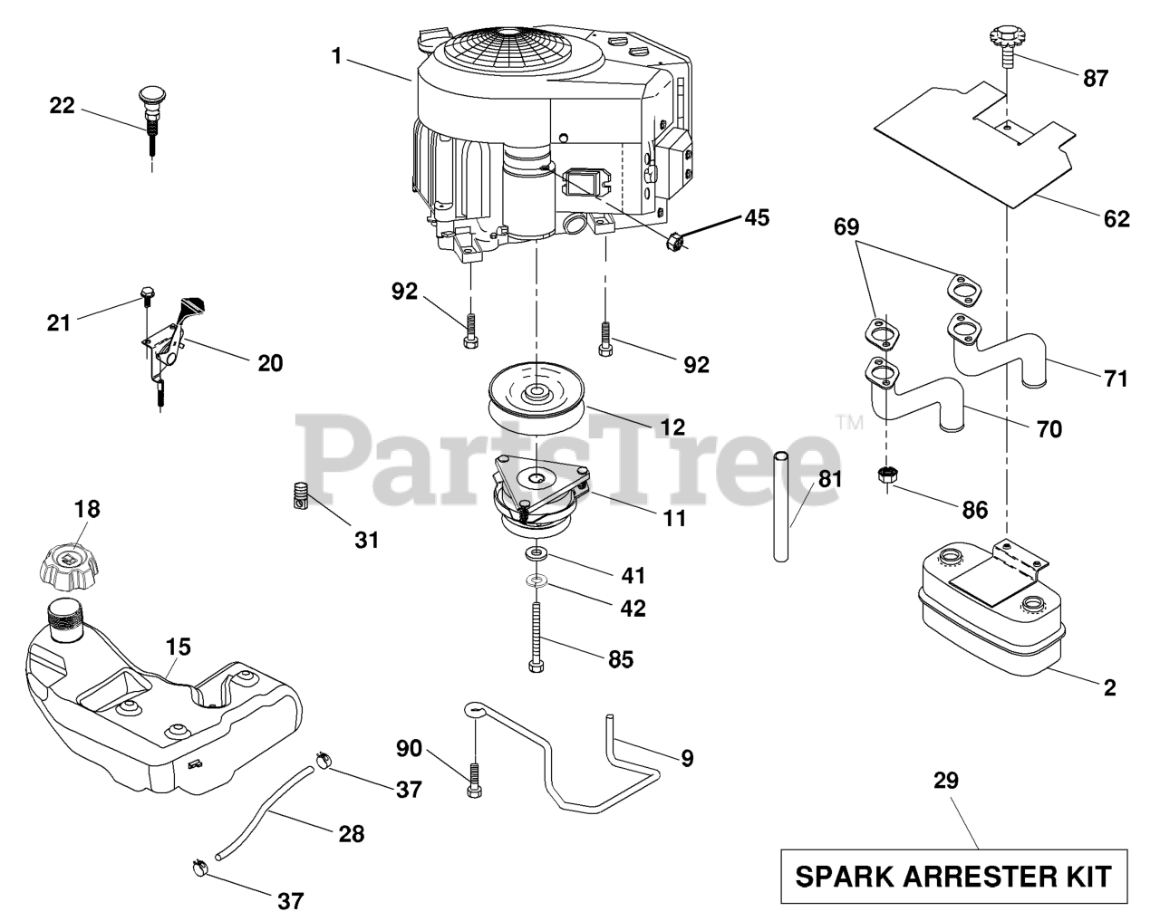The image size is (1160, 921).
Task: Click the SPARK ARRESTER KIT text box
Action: point(953,876)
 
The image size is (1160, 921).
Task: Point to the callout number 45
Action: point(757,217)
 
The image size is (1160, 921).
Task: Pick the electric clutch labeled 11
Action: point(541,495)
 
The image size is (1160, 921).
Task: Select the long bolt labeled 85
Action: point(536,637)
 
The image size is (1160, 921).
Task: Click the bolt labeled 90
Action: point(473,781)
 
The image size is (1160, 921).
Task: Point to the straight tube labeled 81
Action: point(781,507)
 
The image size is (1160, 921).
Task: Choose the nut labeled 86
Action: point(886,475)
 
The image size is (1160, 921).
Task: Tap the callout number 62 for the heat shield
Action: point(1116,218)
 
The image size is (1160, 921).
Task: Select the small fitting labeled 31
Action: point(300,494)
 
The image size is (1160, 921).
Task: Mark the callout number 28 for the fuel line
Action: point(352,834)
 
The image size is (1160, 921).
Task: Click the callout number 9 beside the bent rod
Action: point(687,758)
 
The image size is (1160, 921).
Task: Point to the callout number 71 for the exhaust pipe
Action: point(1116,379)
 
